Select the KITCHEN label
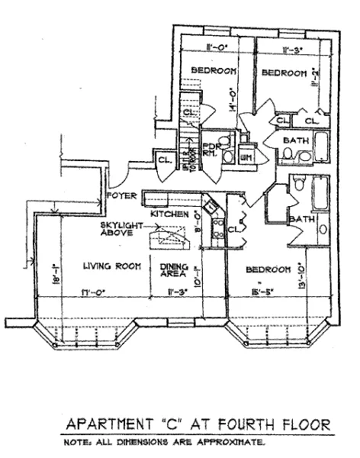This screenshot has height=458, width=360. pos(169,215)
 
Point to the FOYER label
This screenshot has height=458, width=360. pos(121,195)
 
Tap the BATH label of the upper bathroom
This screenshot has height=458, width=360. pos(294,141)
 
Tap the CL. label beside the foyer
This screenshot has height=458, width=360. pos(164,160)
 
